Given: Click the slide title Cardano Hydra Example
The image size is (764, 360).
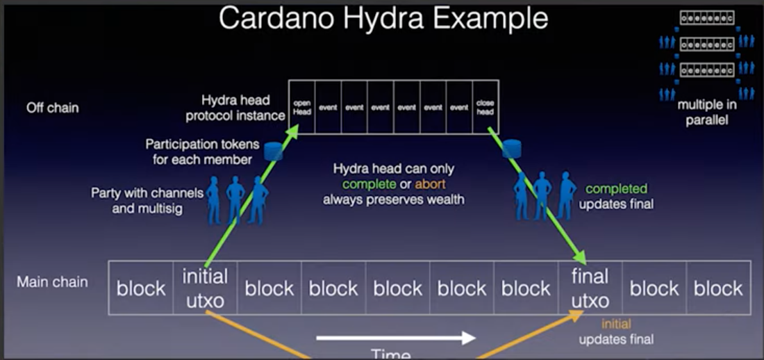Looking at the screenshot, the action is (383, 19).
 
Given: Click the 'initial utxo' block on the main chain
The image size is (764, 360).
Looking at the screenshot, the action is (205, 288).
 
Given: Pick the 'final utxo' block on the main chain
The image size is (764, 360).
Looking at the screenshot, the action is (590, 288).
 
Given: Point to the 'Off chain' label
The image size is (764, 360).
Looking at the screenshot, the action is (53, 108).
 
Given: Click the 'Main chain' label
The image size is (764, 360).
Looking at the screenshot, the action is (53, 281).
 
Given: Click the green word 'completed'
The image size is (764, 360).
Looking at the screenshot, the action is (616, 188).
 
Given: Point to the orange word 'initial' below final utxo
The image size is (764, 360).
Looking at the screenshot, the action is (616, 324).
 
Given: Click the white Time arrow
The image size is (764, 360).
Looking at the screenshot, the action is (395, 338).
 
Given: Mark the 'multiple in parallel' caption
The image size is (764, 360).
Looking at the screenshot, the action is (707, 111).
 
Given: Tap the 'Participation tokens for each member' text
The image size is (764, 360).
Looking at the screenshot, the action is (202, 151).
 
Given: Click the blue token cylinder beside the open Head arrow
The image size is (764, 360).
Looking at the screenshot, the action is (274, 151).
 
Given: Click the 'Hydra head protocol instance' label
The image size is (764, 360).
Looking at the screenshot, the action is (235, 108).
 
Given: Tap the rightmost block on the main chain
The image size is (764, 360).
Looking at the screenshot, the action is (718, 288).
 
